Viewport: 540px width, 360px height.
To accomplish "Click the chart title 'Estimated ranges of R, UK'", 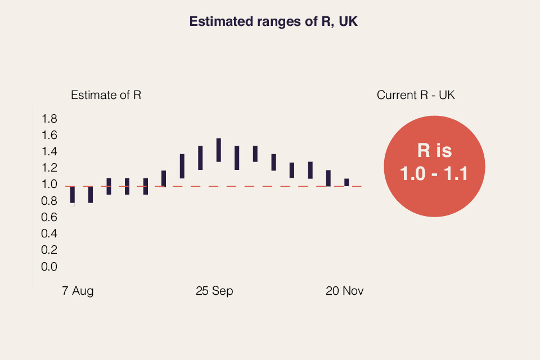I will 274,22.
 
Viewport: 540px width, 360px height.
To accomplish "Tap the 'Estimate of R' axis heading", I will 106,95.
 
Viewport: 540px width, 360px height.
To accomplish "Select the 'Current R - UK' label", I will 416,95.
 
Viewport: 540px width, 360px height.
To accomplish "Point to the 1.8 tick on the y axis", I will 49,119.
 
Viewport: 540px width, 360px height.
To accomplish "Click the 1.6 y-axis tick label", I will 49,135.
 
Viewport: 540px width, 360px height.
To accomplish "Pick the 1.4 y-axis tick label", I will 49,151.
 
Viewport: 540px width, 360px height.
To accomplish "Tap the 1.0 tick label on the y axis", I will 49,184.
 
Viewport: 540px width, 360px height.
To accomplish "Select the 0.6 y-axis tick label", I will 49,217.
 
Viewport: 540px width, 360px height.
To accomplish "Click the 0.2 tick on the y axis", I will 49,250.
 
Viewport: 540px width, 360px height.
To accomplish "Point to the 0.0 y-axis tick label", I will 49,267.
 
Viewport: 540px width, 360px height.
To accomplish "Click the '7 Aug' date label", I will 78,291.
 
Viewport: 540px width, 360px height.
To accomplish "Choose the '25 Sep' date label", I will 214,291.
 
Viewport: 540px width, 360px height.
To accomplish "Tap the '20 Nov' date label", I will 345,291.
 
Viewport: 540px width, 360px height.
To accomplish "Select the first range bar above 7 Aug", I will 73,195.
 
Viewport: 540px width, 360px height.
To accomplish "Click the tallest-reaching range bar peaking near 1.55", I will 218,150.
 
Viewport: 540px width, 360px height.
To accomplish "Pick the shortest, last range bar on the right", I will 346,182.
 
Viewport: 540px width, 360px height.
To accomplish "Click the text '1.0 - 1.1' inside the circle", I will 434,173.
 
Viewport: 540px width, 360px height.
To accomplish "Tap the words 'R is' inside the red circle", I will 434,151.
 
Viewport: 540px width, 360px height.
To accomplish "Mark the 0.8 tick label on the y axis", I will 49,201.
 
